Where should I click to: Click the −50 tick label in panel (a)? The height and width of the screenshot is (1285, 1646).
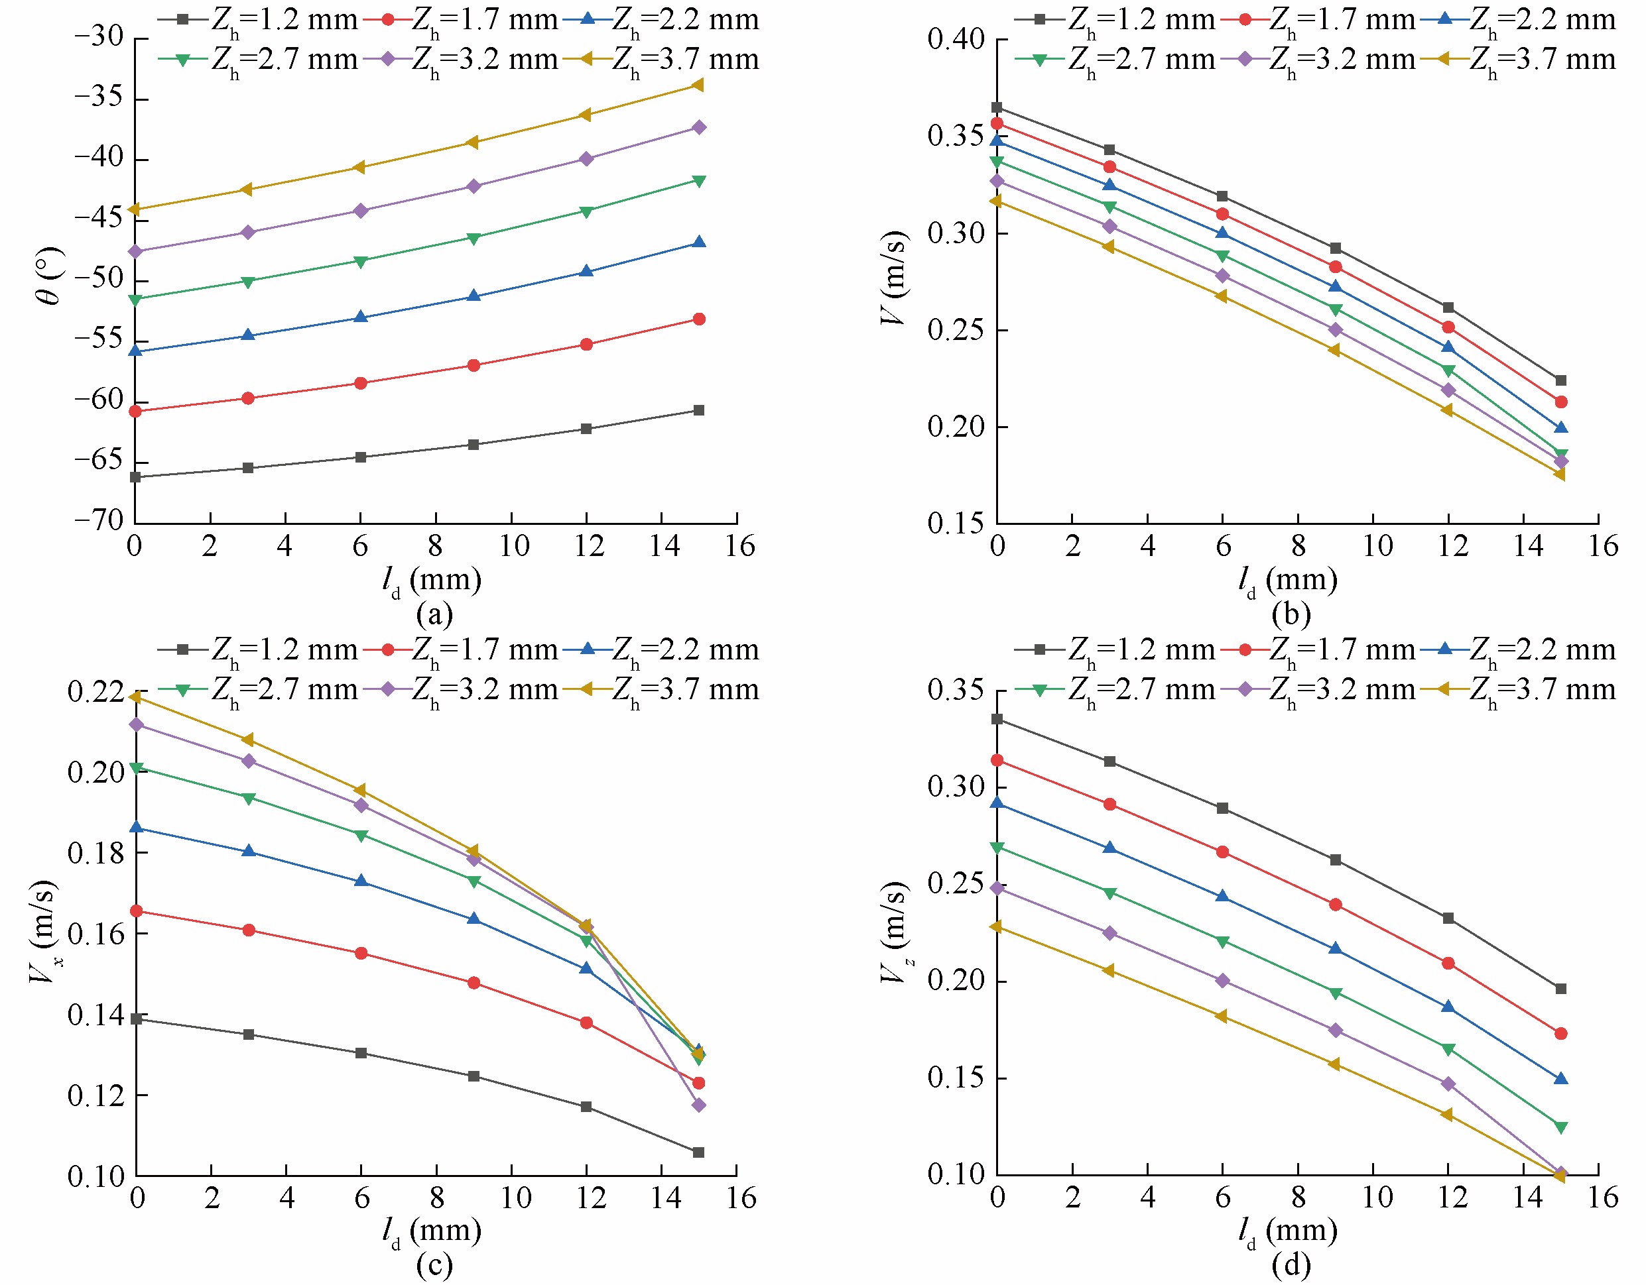tap(98, 280)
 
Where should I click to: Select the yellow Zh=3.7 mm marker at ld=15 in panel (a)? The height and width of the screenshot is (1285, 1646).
tap(698, 85)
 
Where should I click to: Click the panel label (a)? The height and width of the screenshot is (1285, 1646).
tap(435, 614)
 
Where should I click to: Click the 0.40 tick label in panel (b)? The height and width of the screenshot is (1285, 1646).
tap(956, 39)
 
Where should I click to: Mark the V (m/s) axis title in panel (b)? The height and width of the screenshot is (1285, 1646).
tap(895, 279)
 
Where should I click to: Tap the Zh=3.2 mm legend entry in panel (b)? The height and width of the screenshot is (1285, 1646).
tap(1319, 60)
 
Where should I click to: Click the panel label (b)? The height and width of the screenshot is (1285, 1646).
tap(1291, 614)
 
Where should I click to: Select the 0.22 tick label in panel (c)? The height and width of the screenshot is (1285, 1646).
tap(95, 691)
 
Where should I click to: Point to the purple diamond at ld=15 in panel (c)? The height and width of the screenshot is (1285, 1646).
tap(698, 1105)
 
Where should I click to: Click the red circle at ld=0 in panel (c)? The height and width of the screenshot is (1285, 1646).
tap(137, 911)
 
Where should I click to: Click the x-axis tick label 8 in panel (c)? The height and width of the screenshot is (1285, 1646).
tap(437, 1198)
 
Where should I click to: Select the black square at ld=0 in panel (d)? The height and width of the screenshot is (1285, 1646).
tap(997, 719)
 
